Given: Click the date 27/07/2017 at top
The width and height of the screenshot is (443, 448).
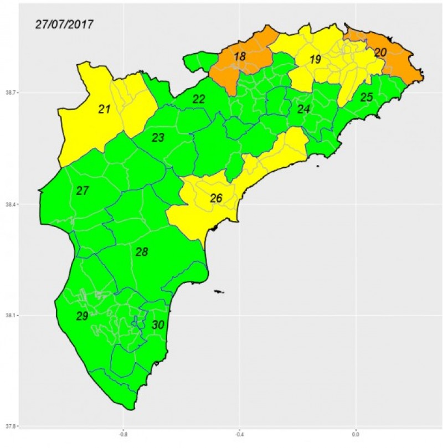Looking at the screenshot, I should (64, 25).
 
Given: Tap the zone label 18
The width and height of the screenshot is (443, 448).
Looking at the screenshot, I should (239, 56).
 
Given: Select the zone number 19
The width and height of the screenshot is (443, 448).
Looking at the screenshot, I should (315, 60).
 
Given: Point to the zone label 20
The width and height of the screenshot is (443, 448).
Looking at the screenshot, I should (380, 53).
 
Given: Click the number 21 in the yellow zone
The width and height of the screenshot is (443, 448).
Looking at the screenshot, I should (104, 110).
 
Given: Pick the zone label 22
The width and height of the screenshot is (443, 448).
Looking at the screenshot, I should (199, 99).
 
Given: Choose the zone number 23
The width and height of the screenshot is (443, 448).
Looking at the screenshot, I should (158, 137).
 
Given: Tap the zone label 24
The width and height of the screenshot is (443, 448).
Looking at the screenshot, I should (303, 109).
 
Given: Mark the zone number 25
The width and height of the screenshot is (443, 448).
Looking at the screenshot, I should (366, 97).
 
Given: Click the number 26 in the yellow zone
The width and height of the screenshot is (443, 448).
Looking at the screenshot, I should (216, 198).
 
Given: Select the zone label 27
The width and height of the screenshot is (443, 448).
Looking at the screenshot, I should (83, 191).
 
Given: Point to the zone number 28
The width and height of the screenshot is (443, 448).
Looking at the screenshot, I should (142, 253).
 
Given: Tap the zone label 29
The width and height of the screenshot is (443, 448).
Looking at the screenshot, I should (82, 316).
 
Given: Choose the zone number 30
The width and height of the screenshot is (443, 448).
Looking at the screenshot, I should (158, 325).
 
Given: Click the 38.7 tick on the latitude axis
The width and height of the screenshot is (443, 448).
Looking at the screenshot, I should (9, 93).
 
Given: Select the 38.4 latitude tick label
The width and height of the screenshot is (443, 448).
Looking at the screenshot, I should (9, 205).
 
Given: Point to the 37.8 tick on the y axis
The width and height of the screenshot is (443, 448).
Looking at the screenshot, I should (9, 426).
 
